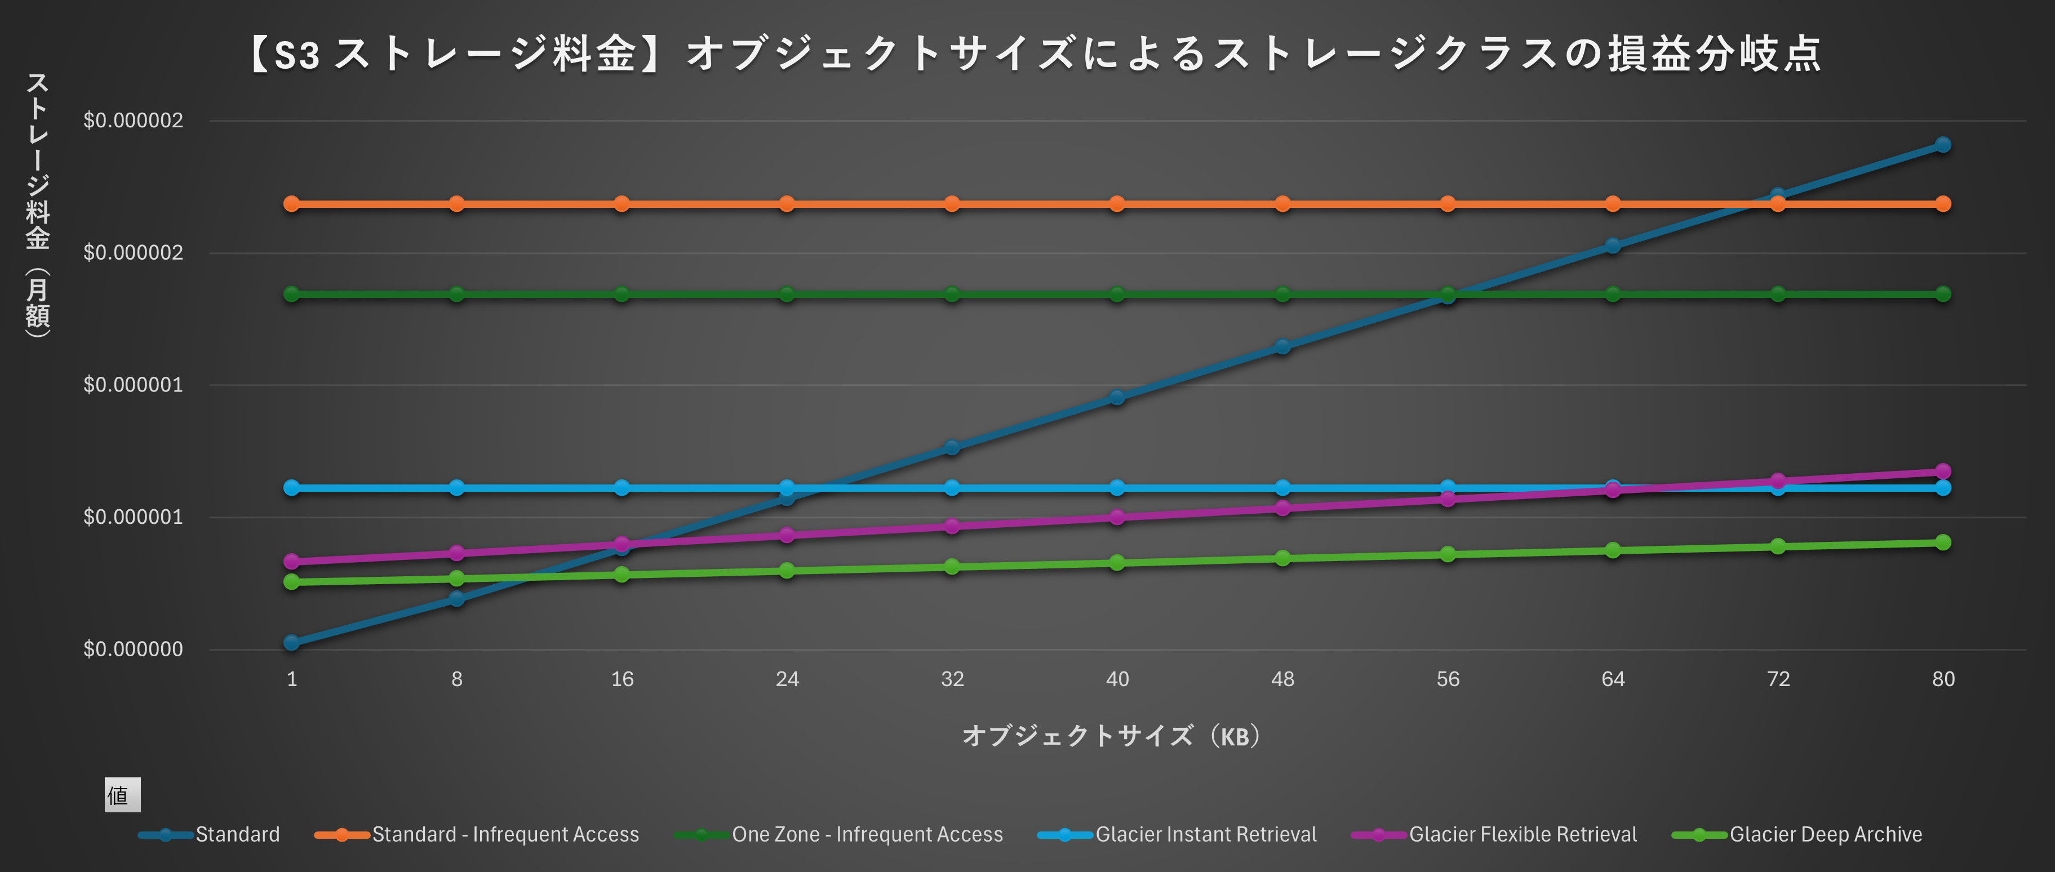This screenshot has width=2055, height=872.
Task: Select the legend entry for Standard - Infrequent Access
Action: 505,834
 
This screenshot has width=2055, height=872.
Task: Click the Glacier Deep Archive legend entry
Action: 1825,834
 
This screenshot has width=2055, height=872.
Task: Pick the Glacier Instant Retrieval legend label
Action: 1205,834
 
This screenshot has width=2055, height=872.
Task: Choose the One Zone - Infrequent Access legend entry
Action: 867,834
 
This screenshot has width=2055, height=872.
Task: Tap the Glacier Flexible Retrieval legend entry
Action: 1522,834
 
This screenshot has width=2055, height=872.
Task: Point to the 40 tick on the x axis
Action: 1117,679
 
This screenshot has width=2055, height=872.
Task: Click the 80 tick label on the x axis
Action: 1942,679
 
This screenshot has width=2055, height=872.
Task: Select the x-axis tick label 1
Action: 292,679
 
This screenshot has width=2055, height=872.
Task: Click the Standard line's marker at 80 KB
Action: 1942,144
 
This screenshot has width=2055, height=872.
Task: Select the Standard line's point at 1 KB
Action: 292,642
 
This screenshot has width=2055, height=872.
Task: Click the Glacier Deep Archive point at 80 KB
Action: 1942,542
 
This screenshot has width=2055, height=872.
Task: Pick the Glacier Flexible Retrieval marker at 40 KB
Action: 1117,517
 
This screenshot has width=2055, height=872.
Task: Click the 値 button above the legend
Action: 122,795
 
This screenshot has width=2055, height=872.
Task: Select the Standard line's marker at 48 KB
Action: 1282,346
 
